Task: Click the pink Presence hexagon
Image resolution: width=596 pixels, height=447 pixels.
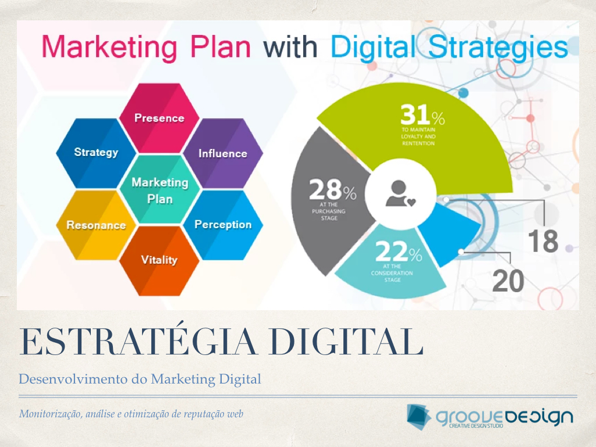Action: (159, 118)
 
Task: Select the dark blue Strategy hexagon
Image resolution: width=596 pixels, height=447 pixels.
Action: (96, 153)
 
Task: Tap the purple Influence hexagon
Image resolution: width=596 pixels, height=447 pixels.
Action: (223, 153)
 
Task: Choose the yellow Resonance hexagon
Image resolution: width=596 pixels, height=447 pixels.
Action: (96, 225)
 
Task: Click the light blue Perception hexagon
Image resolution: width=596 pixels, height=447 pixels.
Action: (223, 225)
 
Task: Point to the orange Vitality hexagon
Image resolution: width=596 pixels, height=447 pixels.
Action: (159, 260)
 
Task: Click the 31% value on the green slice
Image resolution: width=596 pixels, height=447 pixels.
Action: (423, 115)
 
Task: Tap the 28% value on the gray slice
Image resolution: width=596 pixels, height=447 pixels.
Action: (332, 190)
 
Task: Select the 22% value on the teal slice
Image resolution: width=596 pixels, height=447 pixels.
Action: (398, 251)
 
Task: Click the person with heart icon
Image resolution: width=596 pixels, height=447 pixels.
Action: (400, 193)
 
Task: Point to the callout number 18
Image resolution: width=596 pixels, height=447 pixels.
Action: (543, 241)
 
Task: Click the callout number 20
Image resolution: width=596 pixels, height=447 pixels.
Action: (508, 281)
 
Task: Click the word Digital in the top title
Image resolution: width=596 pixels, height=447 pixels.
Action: (372, 48)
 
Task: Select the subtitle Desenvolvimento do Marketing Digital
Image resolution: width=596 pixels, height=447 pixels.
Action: (140, 379)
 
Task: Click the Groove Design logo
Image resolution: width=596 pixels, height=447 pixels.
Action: (489, 417)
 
